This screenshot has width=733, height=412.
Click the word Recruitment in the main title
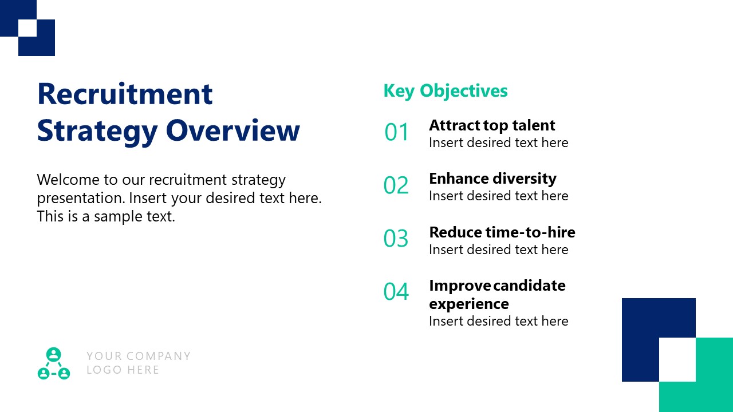pyautogui.click(x=125, y=94)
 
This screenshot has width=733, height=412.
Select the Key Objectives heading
pyautogui.click(x=445, y=91)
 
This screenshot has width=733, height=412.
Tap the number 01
pyautogui.click(x=396, y=133)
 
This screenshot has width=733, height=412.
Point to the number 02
pyautogui.click(x=396, y=186)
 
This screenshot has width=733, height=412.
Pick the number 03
pyautogui.click(x=396, y=239)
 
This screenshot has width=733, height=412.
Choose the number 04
pyautogui.click(x=396, y=292)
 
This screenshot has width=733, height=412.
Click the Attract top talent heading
pyautogui.click(x=492, y=125)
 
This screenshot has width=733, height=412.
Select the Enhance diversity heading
pyautogui.click(x=492, y=179)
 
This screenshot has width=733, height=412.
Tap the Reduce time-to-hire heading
pyautogui.click(x=502, y=232)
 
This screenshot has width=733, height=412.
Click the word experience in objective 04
pyautogui.click(x=468, y=304)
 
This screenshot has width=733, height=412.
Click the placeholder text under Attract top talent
pyautogui.click(x=498, y=142)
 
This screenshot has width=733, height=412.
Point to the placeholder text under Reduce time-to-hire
pyautogui.click(x=498, y=249)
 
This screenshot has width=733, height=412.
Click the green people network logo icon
pyautogui.click(x=53, y=364)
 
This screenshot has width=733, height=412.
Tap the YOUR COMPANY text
pyautogui.click(x=138, y=356)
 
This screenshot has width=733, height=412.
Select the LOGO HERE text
pyautogui.click(x=123, y=370)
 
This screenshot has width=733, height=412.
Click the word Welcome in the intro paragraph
pyautogui.click(x=68, y=180)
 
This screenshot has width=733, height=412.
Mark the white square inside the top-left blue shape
pyautogui.click(x=27, y=29)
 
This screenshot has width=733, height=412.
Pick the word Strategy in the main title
pyautogui.click(x=97, y=131)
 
